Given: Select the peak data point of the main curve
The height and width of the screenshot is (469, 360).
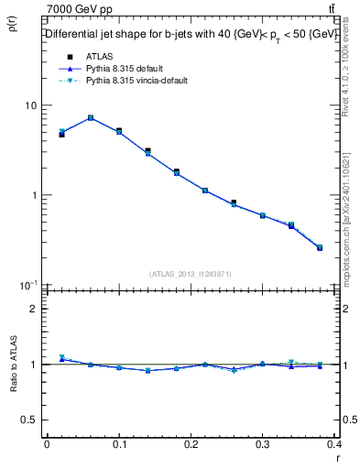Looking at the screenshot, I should tap(91, 117).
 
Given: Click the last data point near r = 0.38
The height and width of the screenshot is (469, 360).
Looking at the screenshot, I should tap(320, 247).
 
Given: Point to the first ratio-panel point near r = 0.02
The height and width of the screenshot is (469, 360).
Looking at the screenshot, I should tap(61, 358).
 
